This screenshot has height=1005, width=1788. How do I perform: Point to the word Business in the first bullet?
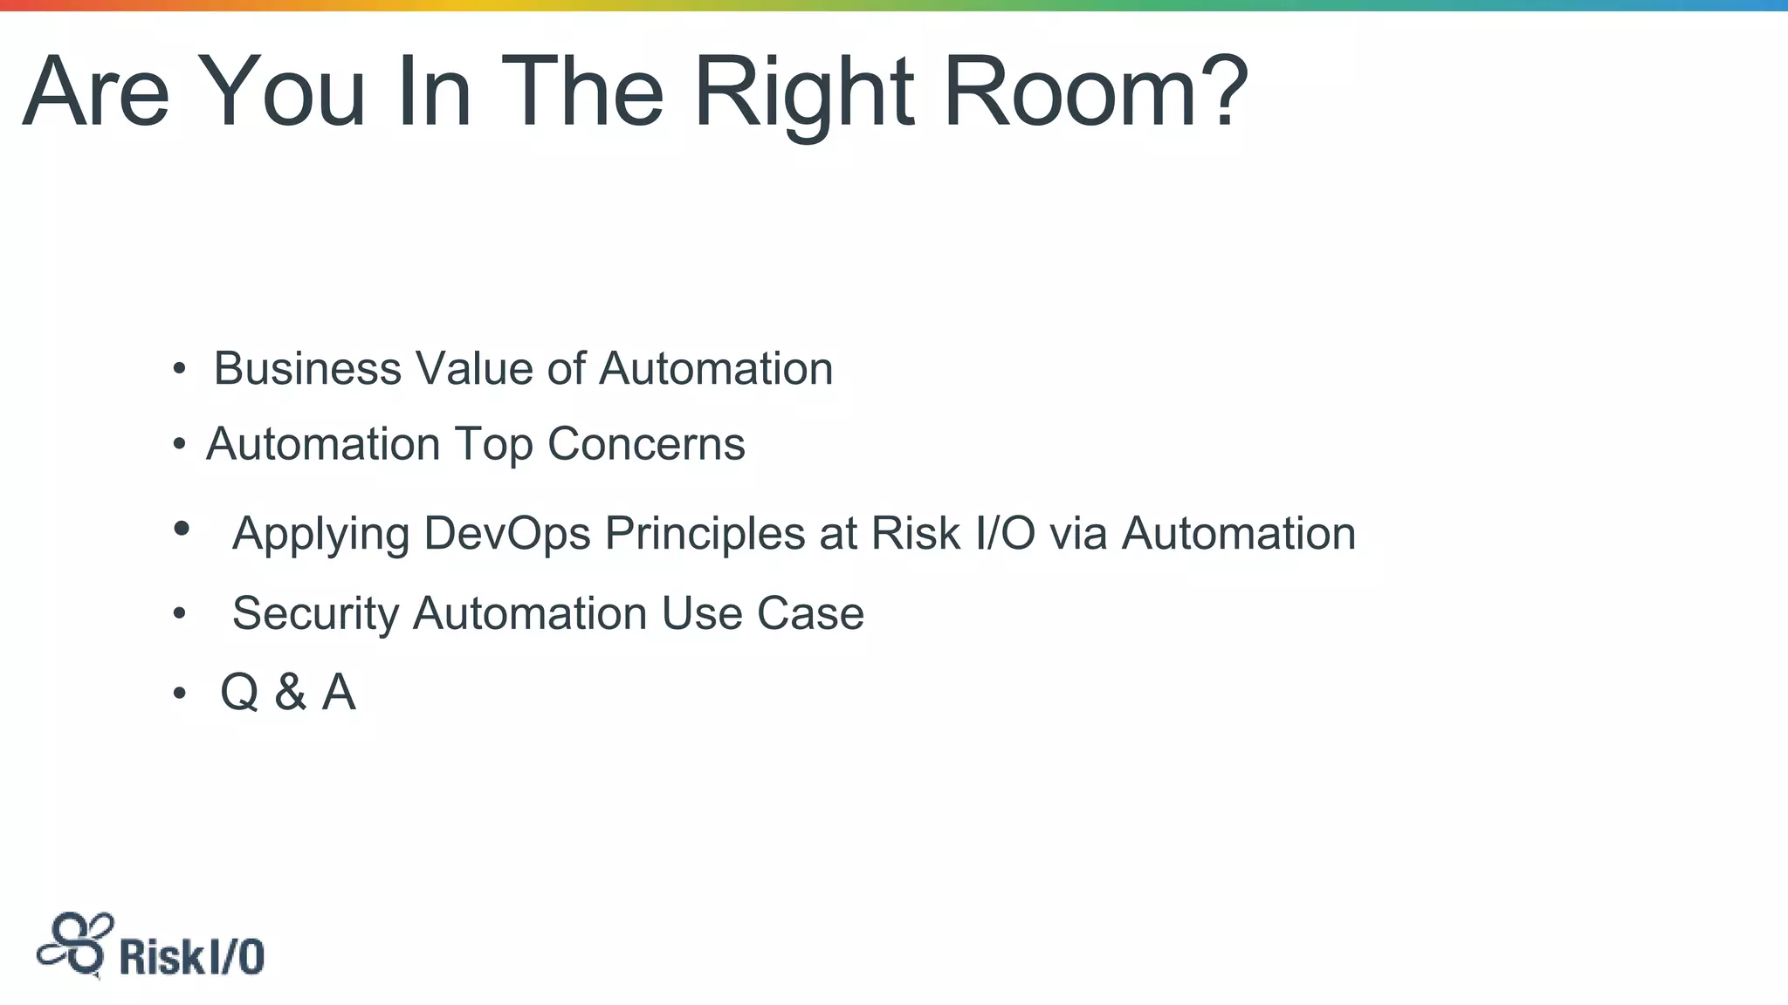[x=307, y=368]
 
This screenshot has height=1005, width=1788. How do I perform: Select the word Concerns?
[x=646, y=444]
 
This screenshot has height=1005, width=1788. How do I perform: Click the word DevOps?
[x=507, y=533]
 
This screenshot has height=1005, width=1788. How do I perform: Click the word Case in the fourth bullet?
[x=810, y=613]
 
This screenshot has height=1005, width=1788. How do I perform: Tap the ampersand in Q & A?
[x=291, y=693]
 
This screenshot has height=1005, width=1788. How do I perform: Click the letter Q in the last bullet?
[x=239, y=693]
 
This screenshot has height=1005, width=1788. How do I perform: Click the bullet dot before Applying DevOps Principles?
[x=182, y=528]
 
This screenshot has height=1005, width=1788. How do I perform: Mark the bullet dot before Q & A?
[x=179, y=694]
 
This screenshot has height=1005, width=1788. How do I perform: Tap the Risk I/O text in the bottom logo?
[x=191, y=957]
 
